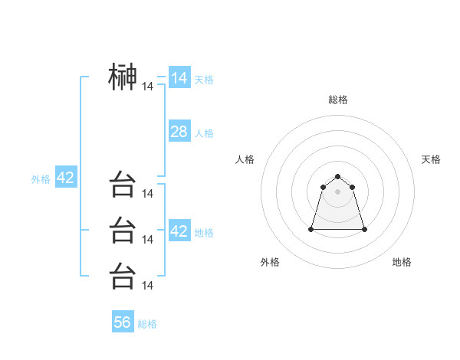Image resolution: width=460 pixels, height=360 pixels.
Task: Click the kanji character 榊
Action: coord(123,77)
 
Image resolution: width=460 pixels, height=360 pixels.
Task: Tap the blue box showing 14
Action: coord(179,78)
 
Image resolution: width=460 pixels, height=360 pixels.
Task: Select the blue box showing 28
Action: coord(179,132)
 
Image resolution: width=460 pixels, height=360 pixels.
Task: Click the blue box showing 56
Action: coord(123,322)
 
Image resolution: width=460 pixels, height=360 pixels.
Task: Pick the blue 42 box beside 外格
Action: coord(65,178)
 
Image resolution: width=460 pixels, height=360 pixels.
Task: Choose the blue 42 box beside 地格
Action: coord(179,231)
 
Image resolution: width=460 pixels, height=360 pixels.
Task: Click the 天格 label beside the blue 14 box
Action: coord(204,80)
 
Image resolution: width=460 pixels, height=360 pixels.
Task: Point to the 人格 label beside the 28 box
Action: coord(204,133)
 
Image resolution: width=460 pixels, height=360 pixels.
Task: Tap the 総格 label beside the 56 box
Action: coord(147,324)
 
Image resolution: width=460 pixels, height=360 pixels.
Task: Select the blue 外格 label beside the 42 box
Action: coord(41,179)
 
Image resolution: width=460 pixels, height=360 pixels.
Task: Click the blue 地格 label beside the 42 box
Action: coord(204,233)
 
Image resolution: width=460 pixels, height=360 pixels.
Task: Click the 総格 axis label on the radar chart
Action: coord(338,100)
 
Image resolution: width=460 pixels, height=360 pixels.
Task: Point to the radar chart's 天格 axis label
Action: coord(431,159)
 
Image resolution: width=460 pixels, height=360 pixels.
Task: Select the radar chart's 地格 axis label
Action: coord(402,262)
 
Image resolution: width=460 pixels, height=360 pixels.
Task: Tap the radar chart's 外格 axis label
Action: coord(270,262)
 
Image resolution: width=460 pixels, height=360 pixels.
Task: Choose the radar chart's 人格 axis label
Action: coord(245,159)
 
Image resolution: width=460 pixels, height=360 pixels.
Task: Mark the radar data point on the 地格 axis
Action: coord(364,229)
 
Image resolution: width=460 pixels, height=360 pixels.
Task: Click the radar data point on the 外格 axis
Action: coord(312,229)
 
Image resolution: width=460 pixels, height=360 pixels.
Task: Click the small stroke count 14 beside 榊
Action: coord(148,87)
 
